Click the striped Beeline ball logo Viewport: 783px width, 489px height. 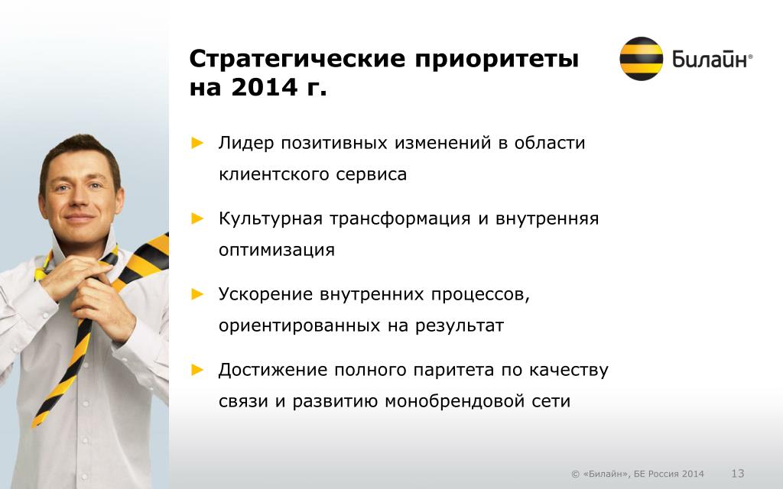(642, 58)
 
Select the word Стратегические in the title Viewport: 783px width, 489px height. (297, 59)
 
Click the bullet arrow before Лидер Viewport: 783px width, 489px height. (198, 143)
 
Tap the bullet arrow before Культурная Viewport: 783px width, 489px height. (198, 219)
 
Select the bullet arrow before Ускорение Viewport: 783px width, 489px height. (198, 294)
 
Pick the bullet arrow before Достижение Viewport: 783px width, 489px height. (198, 370)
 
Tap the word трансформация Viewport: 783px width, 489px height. (400, 219)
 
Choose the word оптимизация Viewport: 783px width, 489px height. (277, 250)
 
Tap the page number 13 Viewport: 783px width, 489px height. (738, 473)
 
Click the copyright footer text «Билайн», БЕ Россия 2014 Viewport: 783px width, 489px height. (643, 474)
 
